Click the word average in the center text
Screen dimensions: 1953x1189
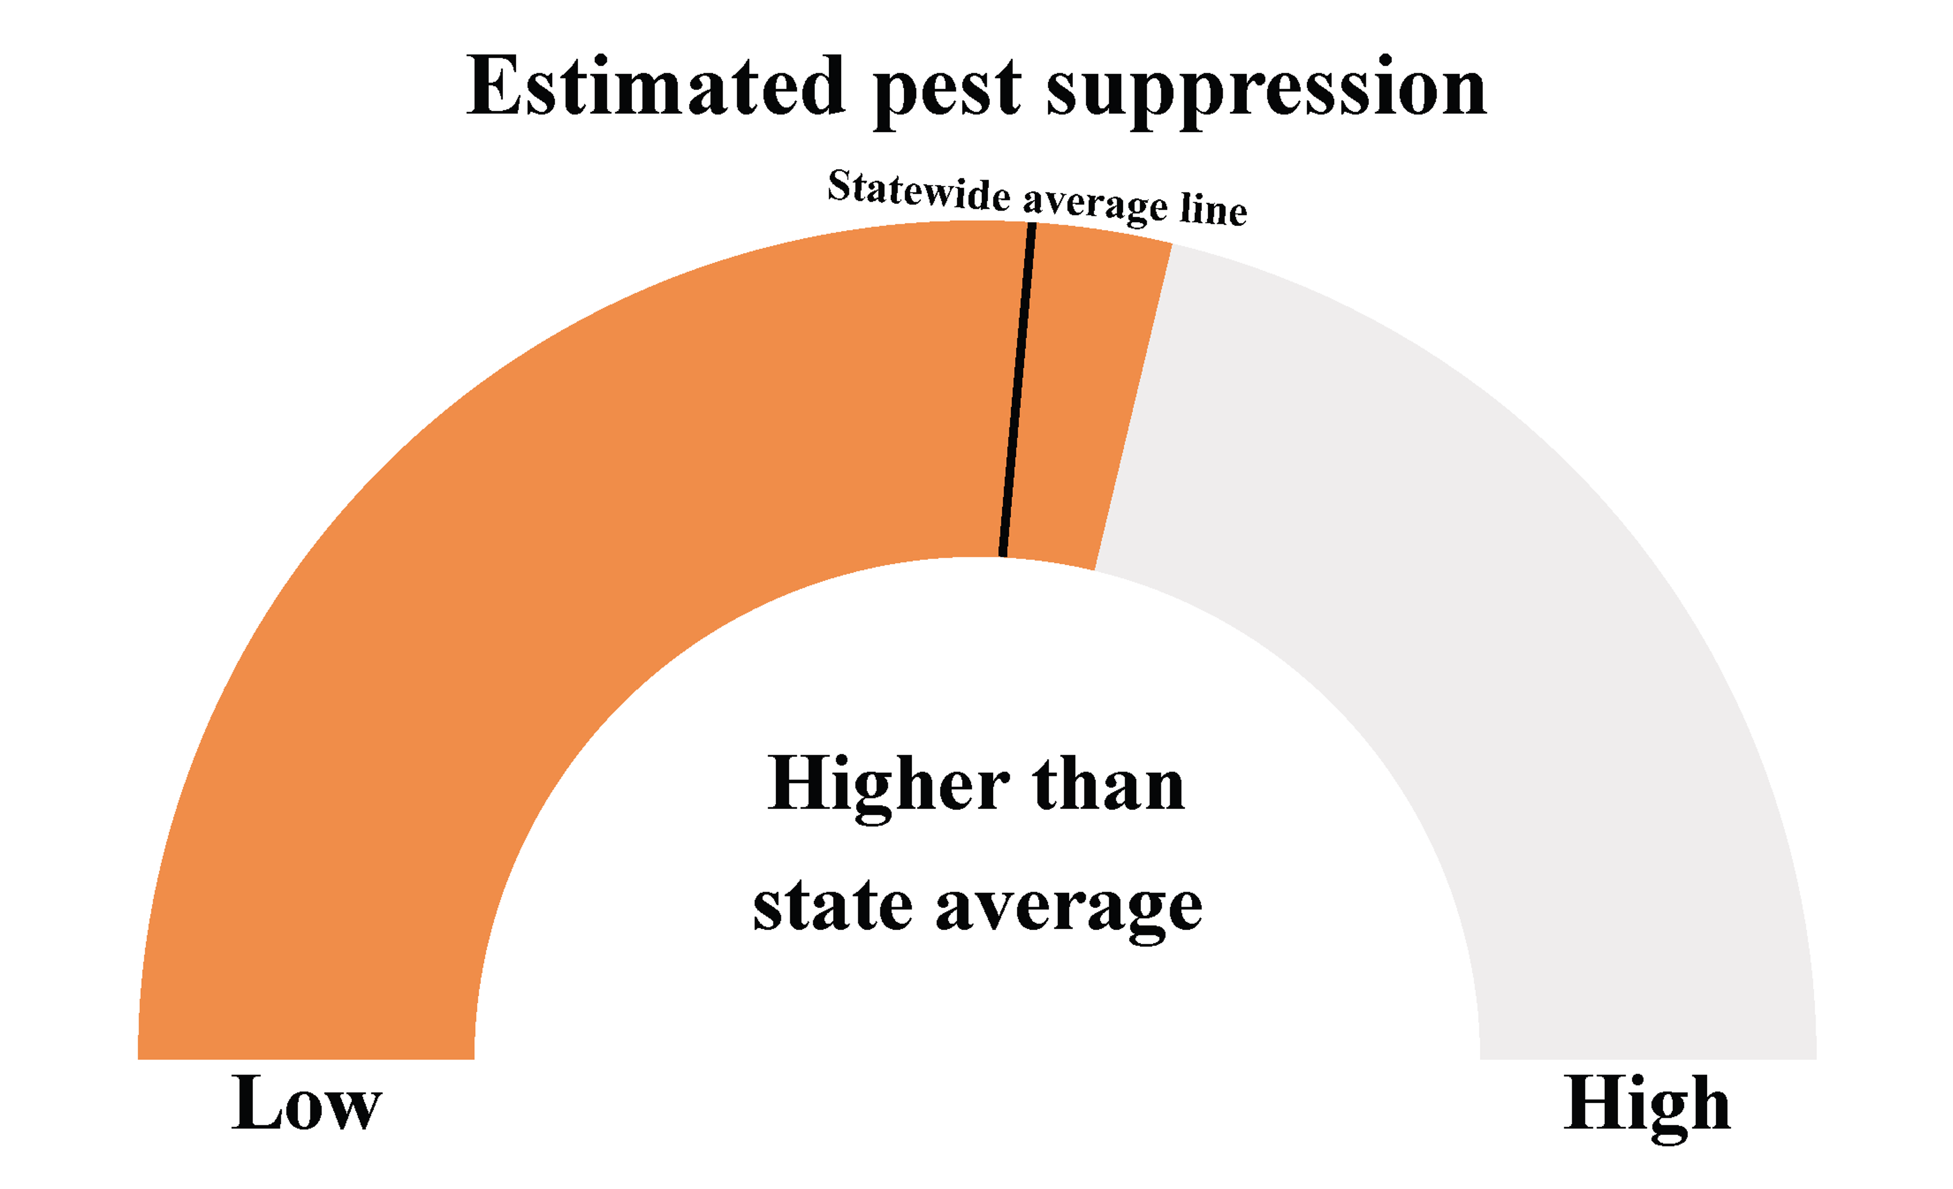tap(1069, 911)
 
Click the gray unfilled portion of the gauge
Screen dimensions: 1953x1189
tap(1506, 634)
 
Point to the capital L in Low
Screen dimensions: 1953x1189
tap(257, 1103)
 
